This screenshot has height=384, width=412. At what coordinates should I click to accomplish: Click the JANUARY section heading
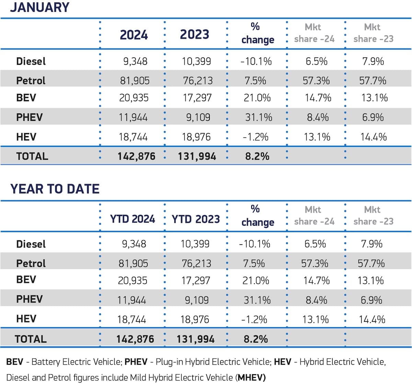tap(39, 7)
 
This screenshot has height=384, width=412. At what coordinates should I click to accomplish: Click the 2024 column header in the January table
tap(134, 35)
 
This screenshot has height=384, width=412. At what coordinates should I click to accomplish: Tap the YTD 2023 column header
tap(196, 219)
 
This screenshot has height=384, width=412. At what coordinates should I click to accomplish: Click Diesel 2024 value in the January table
tap(135, 61)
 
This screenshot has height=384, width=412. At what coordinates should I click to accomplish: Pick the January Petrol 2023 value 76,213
tap(198, 80)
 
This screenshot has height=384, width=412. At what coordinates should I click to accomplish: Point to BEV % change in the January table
tap(257, 98)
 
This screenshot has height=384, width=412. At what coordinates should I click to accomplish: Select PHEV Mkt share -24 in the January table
tap(318, 117)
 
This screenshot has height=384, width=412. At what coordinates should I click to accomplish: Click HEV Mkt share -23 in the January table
tap(374, 137)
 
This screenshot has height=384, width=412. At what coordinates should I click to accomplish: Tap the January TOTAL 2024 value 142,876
tap(136, 156)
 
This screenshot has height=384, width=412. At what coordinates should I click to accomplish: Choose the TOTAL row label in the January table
tap(32, 156)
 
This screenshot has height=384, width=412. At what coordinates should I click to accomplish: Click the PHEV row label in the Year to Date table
tap(29, 299)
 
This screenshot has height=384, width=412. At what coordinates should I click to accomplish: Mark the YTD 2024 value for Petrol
tap(133, 263)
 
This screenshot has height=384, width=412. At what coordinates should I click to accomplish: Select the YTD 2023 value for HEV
tap(195, 319)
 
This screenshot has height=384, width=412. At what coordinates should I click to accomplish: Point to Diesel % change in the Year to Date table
tap(254, 244)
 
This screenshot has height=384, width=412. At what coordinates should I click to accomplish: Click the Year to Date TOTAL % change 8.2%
tap(255, 339)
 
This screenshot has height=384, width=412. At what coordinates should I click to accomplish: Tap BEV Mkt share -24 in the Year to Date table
tap(316, 280)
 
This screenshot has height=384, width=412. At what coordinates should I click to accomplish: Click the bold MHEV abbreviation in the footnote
tap(252, 377)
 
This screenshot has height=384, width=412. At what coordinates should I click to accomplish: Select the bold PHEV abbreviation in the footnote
tap(136, 362)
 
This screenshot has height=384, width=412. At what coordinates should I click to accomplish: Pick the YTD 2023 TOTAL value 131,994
tap(195, 339)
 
